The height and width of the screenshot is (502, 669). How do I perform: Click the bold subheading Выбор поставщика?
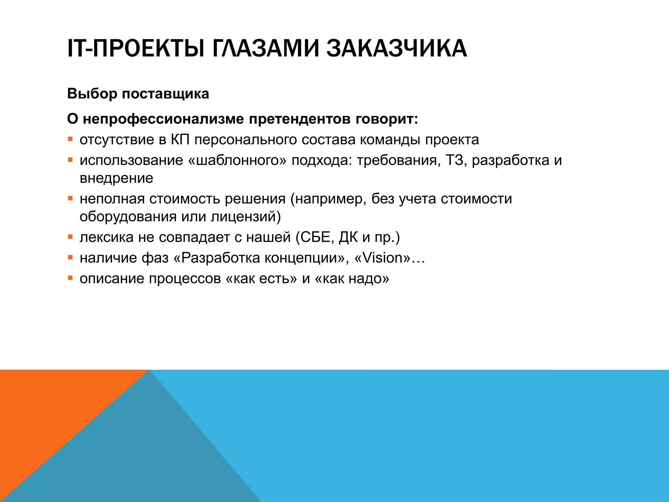(x=138, y=94)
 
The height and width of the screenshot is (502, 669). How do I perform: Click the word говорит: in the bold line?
(x=386, y=119)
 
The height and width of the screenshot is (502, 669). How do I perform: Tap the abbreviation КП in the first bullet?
(x=180, y=140)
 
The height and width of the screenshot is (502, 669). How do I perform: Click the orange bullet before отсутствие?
(x=70, y=140)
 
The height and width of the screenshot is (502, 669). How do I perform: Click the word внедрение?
(x=116, y=178)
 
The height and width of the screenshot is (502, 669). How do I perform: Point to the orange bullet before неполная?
(x=70, y=198)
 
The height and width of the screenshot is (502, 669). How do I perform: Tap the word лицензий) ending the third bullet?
(x=246, y=217)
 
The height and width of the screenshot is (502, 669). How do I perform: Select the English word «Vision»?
(x=382, y=258)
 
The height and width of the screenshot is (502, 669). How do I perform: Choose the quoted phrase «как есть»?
(x=261, y=279)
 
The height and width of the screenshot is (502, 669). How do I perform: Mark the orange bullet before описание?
(x=70, y=278)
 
